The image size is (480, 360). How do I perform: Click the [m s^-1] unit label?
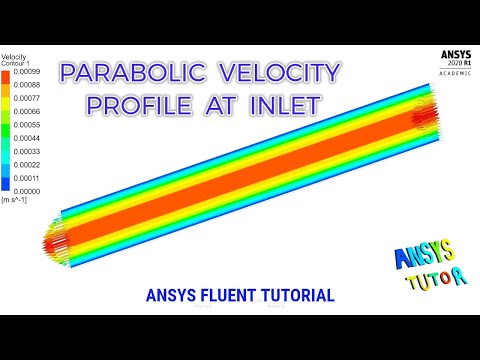[x=15, y=201]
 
